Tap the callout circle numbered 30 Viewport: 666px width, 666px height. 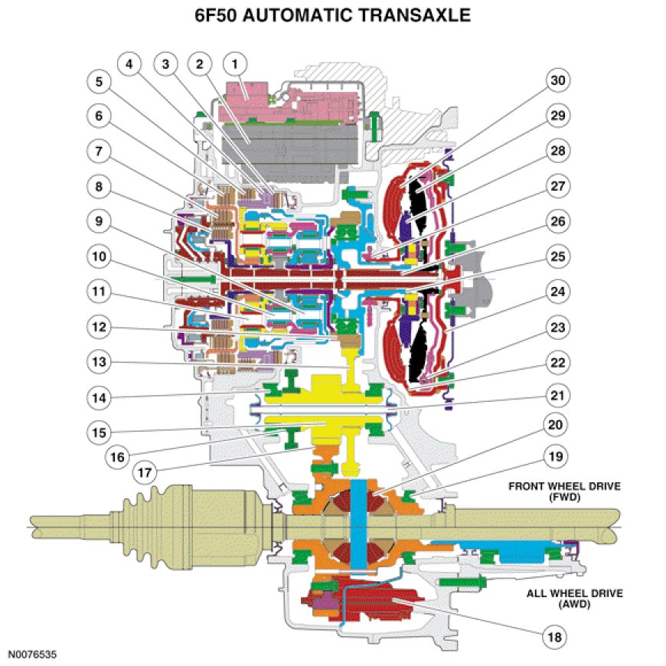pos(557,80)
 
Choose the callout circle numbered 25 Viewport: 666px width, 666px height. pos(557,254)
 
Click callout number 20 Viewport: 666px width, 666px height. pos(557,423)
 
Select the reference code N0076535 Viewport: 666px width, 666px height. pos(33,655)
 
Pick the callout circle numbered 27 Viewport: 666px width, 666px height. pos(557,184)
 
